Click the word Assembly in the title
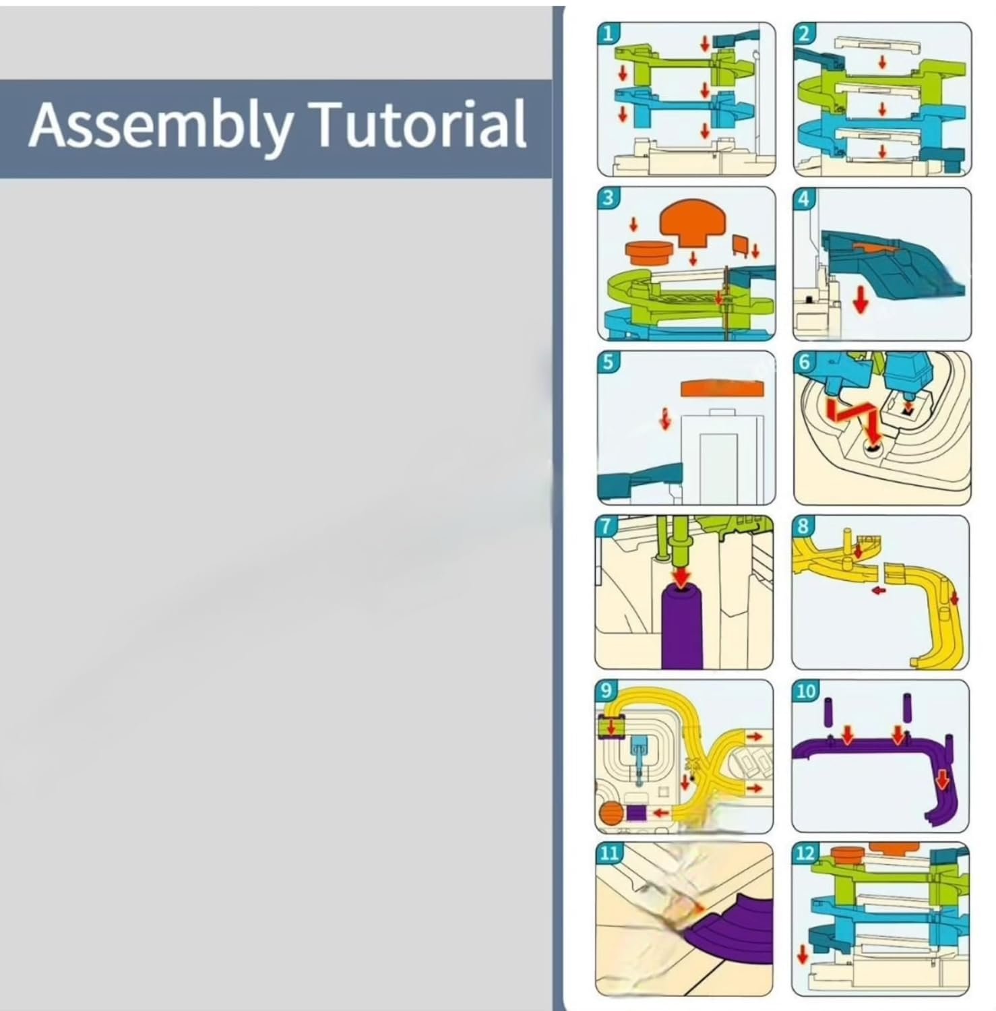161,126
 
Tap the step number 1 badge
608,33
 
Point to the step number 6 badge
803,362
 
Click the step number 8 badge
802,526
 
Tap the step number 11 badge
609,853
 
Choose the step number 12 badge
805,854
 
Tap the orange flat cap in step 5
722,389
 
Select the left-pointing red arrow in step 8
878,590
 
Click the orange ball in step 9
609,814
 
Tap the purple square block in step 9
636,813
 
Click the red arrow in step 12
802,954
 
